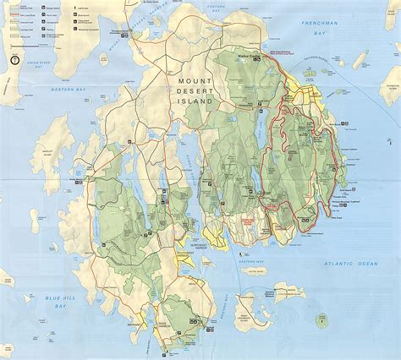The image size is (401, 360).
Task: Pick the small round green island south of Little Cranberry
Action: coord(321,320)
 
